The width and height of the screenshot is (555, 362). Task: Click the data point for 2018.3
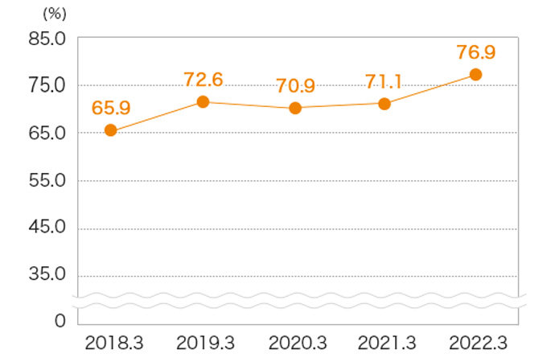point(111,130)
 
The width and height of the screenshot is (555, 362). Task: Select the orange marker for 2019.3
point(203,101)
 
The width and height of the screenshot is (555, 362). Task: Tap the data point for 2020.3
point(294,108)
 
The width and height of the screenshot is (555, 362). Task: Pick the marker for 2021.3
point(384,104)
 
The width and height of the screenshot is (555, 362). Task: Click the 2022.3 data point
point(475,75)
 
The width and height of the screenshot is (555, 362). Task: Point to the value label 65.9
point(112,107)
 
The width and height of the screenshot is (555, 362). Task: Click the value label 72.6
point(203,79)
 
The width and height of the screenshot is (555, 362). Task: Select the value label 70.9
point(294,84)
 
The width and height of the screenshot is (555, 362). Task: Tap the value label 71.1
point(384,81)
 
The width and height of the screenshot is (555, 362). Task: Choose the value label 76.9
point(475,52)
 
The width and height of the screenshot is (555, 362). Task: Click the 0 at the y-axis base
point(59,321)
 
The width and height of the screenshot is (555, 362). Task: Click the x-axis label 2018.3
point(113,343)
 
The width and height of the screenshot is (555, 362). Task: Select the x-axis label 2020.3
point(297,343)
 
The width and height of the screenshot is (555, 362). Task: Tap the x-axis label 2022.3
point(478,343)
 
